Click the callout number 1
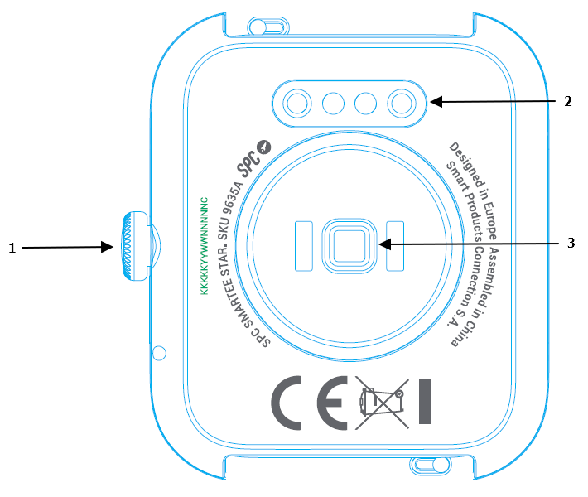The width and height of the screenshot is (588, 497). [x=12, y=247]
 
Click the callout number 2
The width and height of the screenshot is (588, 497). [x=567, y=102]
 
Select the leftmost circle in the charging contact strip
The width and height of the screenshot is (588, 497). [x=296, y=103]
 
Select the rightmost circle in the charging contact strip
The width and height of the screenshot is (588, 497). [x=402, y=103]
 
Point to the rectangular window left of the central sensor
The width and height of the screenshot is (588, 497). [x=302, y=245]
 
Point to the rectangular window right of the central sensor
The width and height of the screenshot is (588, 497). [x=394, y=245]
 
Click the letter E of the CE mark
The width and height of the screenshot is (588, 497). [x=335, y=401]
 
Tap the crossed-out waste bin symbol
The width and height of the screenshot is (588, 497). [x=383, y=402]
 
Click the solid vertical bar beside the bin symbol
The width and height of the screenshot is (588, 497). [x=426, y=401]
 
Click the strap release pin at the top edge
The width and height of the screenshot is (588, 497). [x=258, y=27]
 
